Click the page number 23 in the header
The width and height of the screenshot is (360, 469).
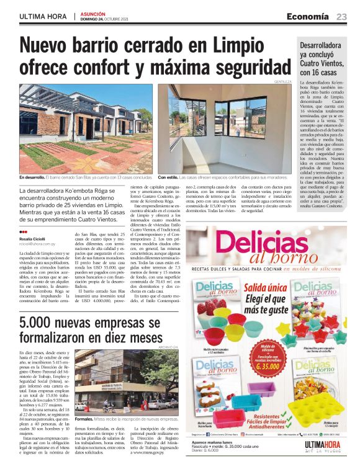342,16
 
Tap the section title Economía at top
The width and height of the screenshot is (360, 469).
307,16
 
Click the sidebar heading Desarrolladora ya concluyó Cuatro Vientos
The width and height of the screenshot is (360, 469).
323,58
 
